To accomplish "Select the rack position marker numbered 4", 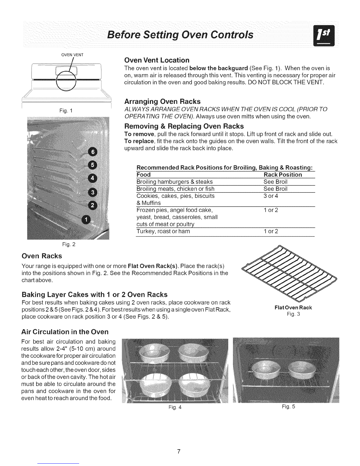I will (93, 178).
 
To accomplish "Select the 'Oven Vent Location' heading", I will (157, 60).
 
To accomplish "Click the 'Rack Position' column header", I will (283, 175).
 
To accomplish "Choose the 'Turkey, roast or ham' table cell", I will (163, 231).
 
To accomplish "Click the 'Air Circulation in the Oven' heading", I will (65, 332).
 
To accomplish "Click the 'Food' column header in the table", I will (144, 175).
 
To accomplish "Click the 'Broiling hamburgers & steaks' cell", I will (175, 182).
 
